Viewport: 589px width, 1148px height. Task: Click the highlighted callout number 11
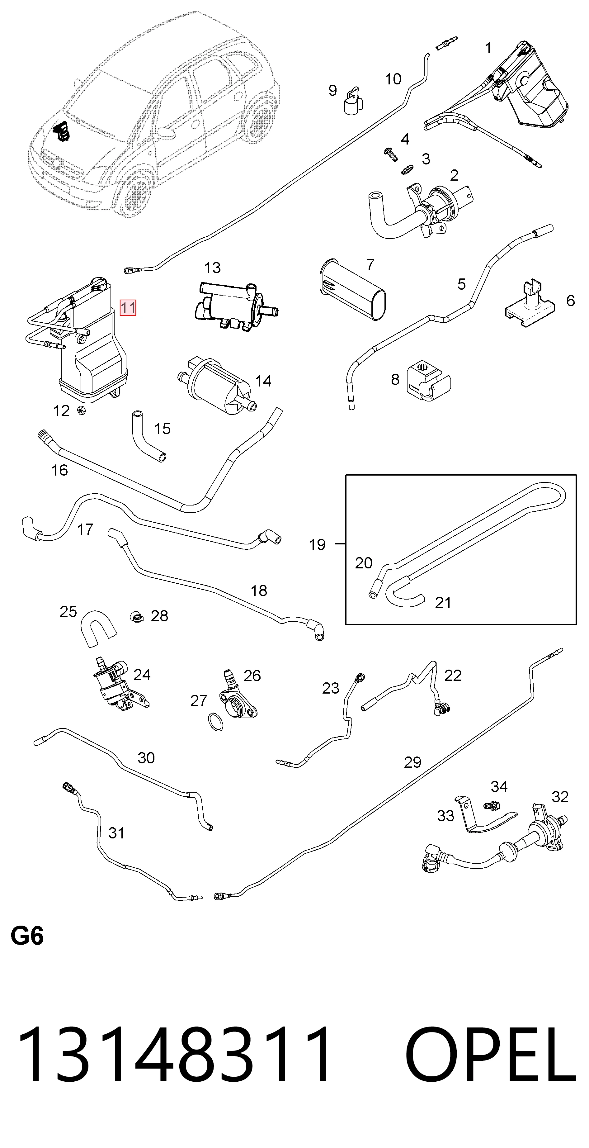tap(128, 307)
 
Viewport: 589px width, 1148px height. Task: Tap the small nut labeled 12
tap(81, 410)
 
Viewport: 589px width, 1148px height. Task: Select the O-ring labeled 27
tap(216, 722)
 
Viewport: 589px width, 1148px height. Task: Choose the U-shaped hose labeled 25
tap(98, 628)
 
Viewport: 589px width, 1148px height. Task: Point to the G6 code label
tap(27, 936)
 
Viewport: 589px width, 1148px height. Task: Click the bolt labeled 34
tap(492, 805)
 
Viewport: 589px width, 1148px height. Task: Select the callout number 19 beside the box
tap(317, 544)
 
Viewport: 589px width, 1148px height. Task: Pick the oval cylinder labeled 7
tap(352, 289)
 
